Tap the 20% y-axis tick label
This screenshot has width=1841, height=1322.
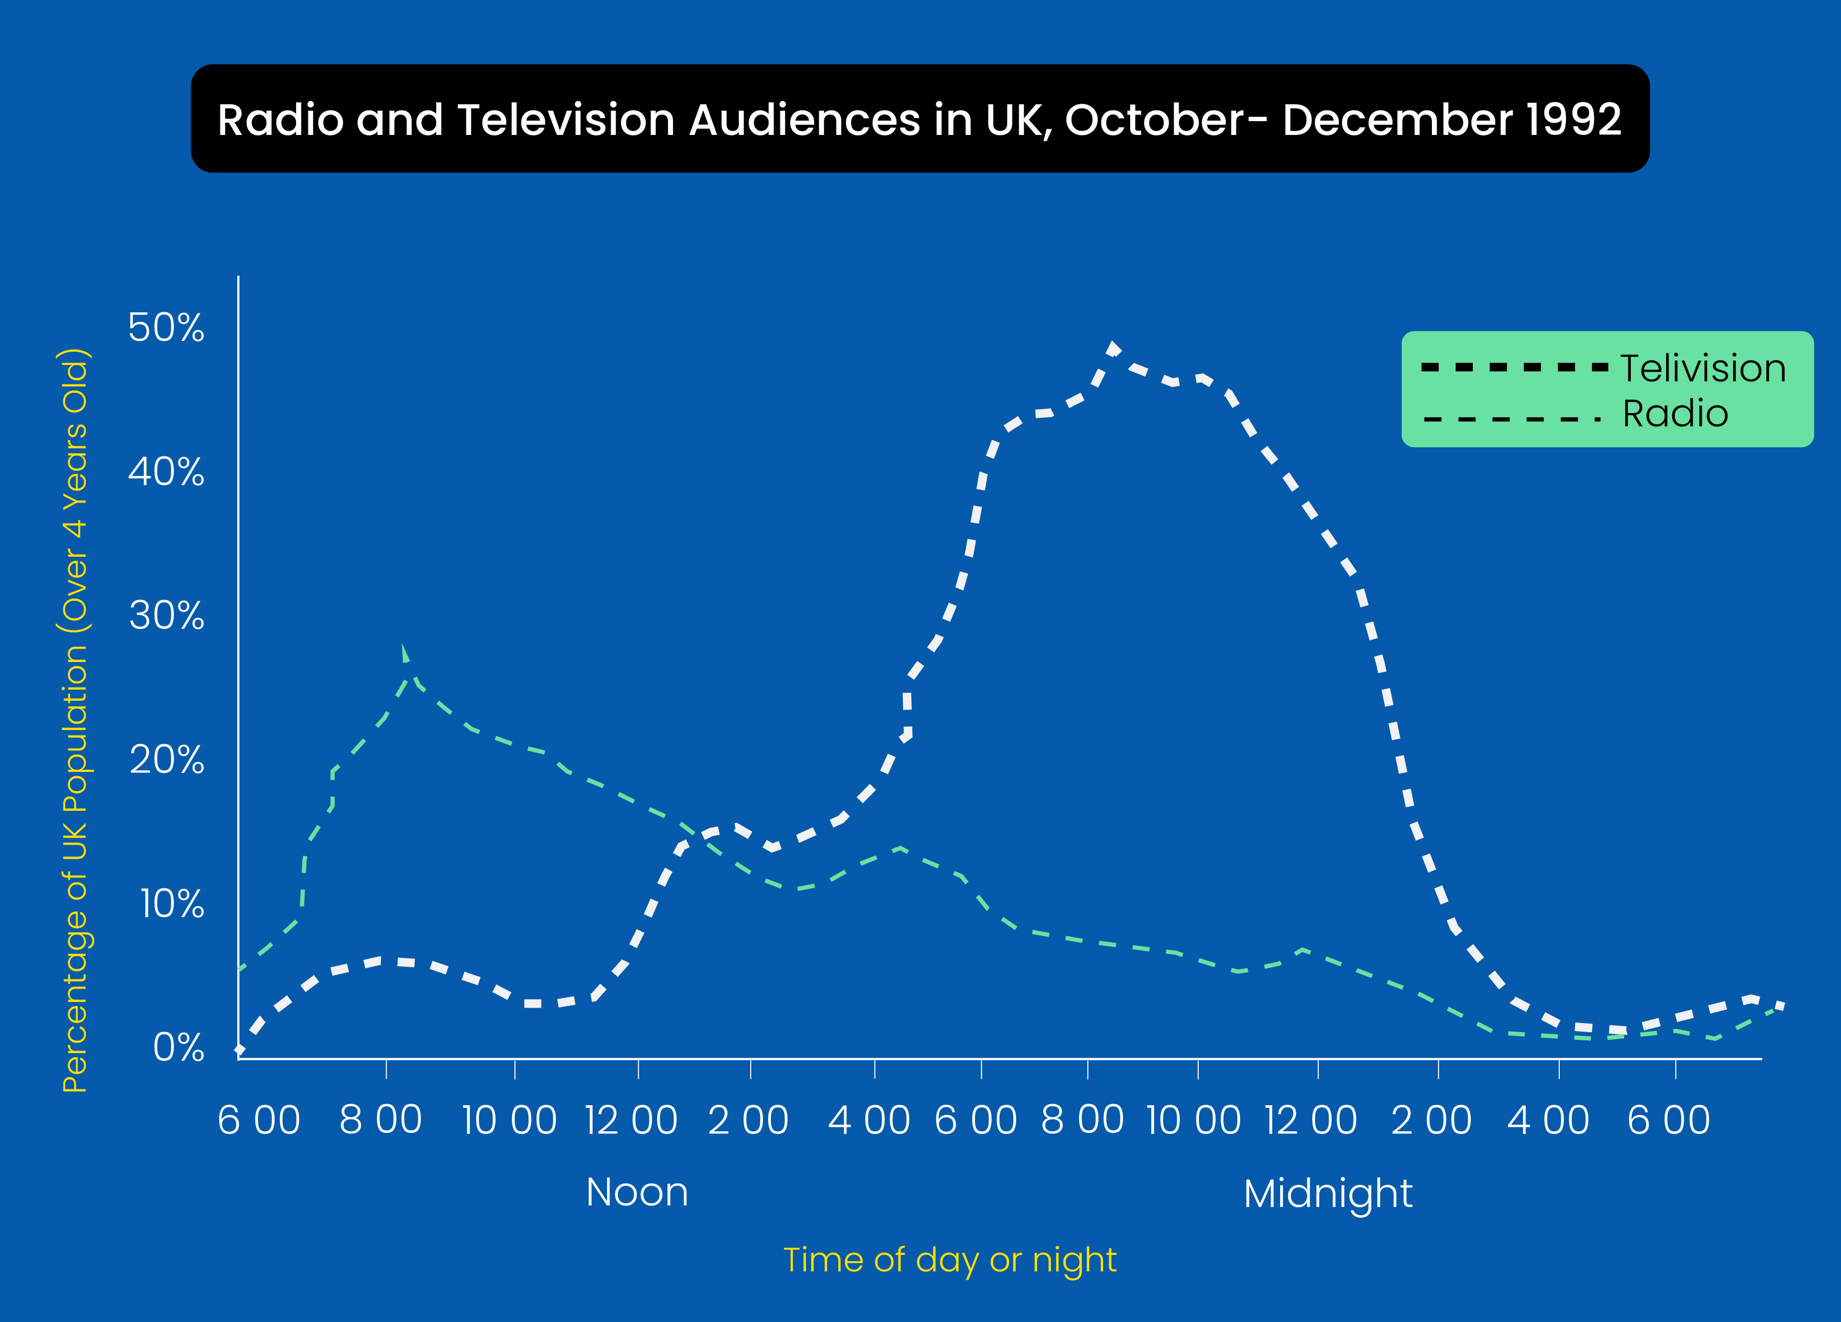pyautogui.click(x=166, y=760)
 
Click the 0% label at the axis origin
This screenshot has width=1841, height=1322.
pyautogui.click(x=178, y=1047)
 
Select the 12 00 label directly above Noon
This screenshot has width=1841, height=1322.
pyautogui.click(x=632, y=1121)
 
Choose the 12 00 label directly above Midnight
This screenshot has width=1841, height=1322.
pyautogui.click(x=1311, y=1121)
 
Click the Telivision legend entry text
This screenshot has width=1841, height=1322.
pyautogui.click(x=1703, y=369)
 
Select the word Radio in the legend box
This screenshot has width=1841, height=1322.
pyautogui.click(x=1675, y=414)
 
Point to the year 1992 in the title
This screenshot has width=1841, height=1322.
pyautogui.click(x=1573, y=120)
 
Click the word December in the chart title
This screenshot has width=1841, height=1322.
pyautogui.click(x=1396, y=120)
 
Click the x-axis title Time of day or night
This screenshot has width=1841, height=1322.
pyautogui.click(x=950, y=1260)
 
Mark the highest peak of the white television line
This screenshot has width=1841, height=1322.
pyautogui.click(x=1113, y=347)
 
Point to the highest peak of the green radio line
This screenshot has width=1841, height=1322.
pyautogui.click(x=403, y=649)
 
